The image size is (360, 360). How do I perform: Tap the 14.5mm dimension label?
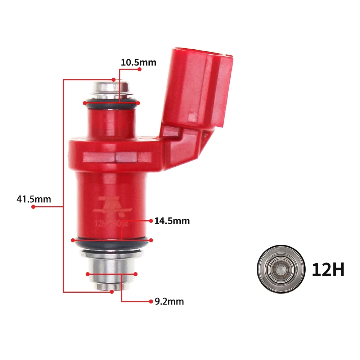pos(172,221)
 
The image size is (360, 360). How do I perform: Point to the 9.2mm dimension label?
pos(169,302)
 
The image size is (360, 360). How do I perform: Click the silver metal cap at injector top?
pos(111,88)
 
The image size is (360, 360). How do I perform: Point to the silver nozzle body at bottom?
pos(111,266)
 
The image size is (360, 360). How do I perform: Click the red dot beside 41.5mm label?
pos(33,207)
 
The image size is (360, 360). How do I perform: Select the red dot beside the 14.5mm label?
pos(151,220)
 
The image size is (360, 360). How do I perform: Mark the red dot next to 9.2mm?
pos(151,301)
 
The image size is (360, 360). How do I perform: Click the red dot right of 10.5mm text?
pos(139,69)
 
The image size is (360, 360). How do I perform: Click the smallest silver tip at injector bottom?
pos(111,286)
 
